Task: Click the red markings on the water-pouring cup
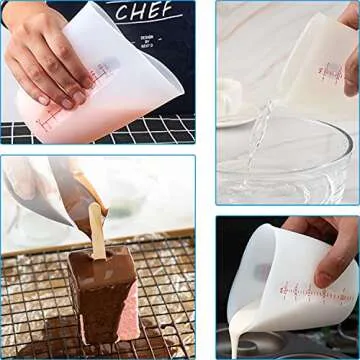[x=331, y=70]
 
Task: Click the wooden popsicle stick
[x=97, y=225]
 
